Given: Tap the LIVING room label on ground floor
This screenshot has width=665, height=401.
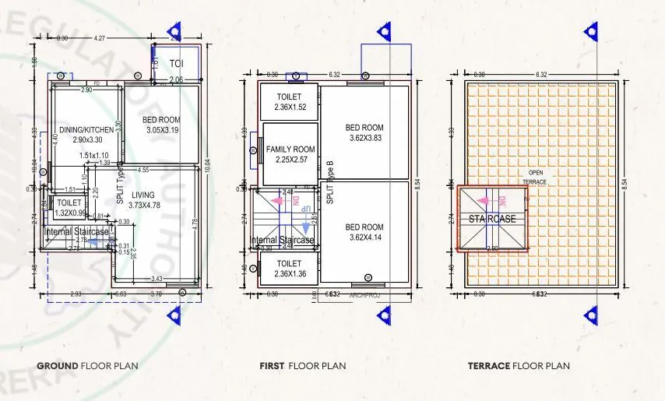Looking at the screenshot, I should coord(143,199).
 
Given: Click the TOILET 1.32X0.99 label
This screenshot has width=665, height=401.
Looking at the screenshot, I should coord(69,207).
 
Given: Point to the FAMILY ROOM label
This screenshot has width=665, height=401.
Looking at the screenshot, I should coord(290,154).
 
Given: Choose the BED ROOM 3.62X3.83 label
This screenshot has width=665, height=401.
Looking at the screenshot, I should coord(365,132).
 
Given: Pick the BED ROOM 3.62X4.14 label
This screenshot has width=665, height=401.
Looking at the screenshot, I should coord(365,232).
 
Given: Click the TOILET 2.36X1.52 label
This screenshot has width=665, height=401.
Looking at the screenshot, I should coord(289,102).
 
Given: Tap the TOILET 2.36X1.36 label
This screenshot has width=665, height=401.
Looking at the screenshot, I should coord(289,269).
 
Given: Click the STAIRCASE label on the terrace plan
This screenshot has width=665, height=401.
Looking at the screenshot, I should coord(492,219).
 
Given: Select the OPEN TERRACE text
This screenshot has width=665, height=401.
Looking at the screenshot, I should coord(536,177).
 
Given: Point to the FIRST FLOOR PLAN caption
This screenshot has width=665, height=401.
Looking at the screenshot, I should coord(303,365).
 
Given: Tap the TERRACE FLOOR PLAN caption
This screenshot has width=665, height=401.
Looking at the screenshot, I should coord(519,365).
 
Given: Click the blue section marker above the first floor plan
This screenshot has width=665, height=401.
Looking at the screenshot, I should coord(384,31).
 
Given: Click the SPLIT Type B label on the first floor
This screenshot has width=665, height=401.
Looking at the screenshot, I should coord(330,182).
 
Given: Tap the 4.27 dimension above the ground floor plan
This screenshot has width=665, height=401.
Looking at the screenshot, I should coord(100,37).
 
